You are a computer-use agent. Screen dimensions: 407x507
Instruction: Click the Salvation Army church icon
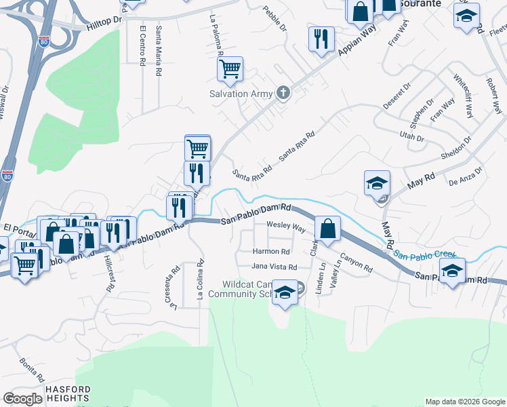[x=283, y=94]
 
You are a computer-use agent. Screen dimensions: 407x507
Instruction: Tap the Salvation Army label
[x=241, y=94]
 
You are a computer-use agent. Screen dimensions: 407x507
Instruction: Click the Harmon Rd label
[x=271, y=252]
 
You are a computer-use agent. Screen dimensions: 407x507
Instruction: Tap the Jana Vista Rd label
[x=275, y=267]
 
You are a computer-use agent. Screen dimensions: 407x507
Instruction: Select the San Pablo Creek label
[x=426, y=256]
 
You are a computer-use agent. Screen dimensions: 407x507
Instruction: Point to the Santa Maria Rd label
[x=158, y=51]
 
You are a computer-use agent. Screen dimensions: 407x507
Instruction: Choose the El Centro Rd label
[x=142, y=47]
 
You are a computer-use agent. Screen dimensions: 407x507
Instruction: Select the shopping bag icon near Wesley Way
[x=327, y=229]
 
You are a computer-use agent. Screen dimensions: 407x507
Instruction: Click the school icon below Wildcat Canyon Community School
[x=285, y=294]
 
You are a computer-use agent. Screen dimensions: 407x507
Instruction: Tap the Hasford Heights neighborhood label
[x=68, y=394]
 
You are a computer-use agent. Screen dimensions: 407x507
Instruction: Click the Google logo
[x=22, y=399]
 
